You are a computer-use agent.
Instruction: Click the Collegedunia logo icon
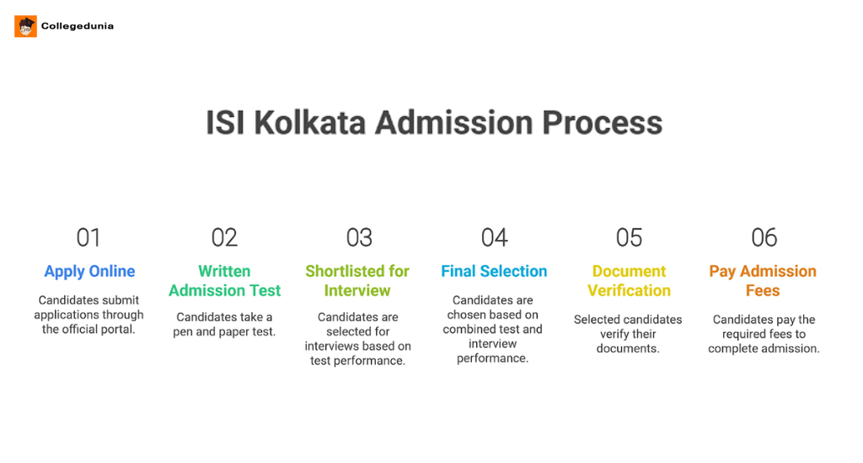25,26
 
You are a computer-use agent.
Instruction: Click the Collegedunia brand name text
78,26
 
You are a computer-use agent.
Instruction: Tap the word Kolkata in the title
309,123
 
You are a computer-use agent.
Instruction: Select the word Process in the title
602,123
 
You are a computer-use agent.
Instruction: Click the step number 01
88,237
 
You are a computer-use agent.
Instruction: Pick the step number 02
224,237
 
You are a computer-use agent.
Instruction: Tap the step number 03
359,237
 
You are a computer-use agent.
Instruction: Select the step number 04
494,237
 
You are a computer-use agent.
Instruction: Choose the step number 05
629,237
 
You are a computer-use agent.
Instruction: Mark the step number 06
764,237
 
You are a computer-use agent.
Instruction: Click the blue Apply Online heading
89,271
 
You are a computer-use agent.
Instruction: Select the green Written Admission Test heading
224,281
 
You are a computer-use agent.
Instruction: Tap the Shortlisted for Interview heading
357,281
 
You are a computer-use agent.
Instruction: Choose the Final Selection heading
494,271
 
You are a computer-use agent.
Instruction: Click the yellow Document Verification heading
629,281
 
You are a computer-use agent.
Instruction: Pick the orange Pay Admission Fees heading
763,281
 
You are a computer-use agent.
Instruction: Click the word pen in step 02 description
185,332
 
